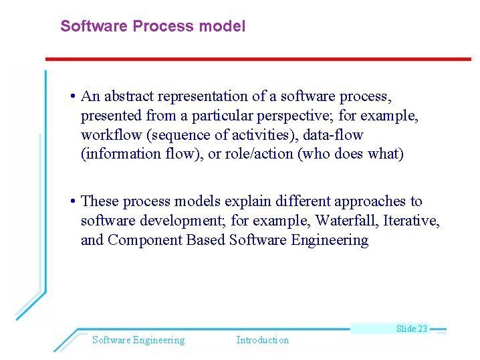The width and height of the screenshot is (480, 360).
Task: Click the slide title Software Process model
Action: pyautogui.click(x=152, y=26)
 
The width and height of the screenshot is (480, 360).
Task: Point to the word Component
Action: pyautogui.click(x=141, y=240)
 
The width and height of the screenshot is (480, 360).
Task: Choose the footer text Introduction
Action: pyautogui.click(x=262, y=340)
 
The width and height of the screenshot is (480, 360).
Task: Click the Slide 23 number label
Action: pyautogui.click(x=411, y=329)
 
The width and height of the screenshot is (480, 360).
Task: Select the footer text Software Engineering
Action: pyautogui.click(x=138, y=340)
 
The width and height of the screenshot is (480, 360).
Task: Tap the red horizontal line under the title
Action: pyautogui.click(x=257, y=59)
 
